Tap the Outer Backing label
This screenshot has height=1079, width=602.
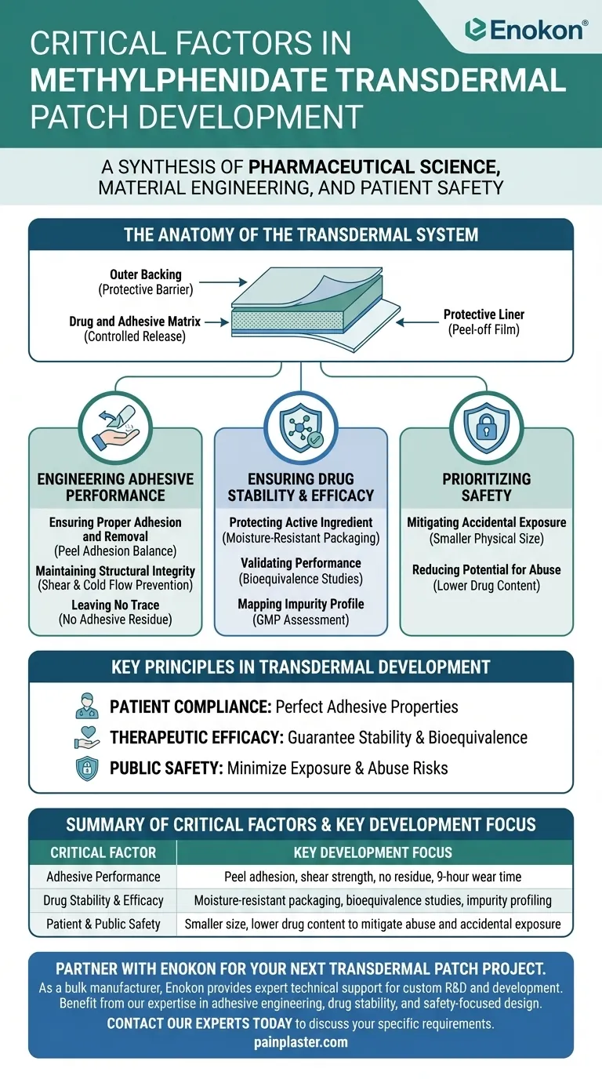(145, 275)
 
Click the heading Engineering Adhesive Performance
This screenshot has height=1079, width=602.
(115, 487)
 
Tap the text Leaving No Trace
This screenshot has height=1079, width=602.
(115, 605)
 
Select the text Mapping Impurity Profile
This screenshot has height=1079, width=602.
(300, 604)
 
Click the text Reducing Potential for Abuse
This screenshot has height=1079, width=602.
(487, 569)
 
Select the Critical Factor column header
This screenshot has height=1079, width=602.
(103, 852)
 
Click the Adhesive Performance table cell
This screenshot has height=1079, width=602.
(103, 877)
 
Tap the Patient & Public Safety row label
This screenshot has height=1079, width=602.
(103, 924)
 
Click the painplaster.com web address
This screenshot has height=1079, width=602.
(301, 1042)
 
